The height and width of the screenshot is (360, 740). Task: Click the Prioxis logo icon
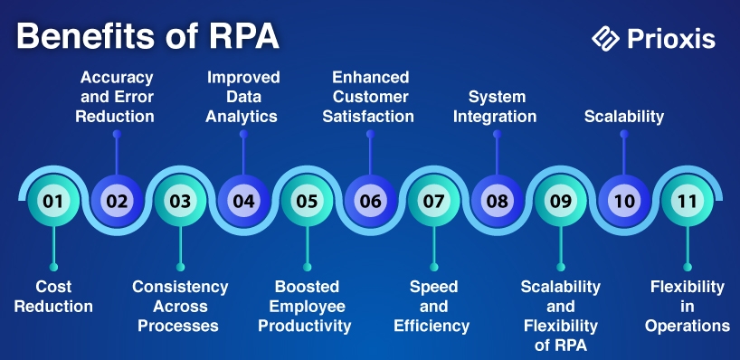point(606,39)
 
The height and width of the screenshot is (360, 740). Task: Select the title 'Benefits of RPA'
point(147,37)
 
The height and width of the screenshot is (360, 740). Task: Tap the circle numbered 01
point(53,201)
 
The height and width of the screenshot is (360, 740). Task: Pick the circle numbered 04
point(243,201)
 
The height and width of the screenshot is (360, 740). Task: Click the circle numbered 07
point(433,201)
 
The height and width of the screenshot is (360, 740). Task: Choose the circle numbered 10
point(624,201)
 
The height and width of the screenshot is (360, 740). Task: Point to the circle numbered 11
point(688,201)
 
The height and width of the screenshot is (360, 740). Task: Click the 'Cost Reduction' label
point(53,297)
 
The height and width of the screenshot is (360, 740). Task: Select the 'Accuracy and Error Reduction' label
point(115,97)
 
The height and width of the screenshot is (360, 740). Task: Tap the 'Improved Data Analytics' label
point(242,97)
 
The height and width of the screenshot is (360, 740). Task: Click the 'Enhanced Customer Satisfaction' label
point(368,97)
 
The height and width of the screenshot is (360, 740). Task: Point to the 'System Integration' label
point(495,107)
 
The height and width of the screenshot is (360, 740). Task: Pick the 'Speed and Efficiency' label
point(432,307)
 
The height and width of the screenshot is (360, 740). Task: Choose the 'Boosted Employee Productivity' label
point(305,307)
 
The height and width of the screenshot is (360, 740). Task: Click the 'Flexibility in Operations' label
point(688,307)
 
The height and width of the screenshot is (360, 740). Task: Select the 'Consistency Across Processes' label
point(180,307)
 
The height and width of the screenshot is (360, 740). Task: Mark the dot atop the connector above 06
point(371,134)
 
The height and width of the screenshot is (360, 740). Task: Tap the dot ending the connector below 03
point(180,267)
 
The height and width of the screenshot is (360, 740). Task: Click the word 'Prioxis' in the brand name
point(671,39)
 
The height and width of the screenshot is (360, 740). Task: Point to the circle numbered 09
point(561,201)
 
